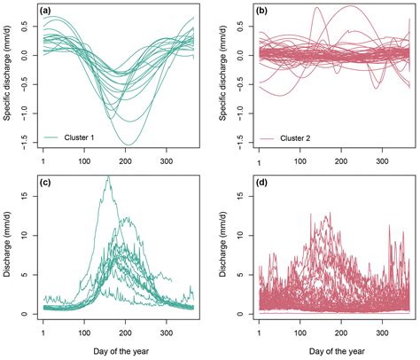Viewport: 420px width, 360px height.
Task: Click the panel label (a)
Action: point(50,12)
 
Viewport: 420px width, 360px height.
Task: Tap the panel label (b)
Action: point(264,12)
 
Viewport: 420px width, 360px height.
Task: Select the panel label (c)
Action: point(50,183)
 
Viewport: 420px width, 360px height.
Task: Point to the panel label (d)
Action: point(264,183)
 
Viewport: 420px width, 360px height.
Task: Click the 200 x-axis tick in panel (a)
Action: point(126,161)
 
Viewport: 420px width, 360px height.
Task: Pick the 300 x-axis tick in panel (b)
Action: point(381,161)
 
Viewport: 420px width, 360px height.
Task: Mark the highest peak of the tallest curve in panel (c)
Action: point(108,176)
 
